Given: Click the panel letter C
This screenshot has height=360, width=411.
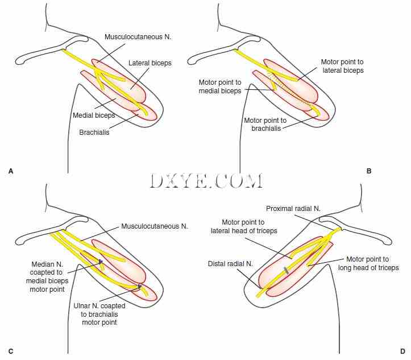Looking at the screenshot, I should (10, 351).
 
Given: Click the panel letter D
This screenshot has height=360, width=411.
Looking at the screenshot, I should (401, 351).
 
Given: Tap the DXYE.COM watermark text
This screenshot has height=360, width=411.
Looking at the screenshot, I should (207, 181).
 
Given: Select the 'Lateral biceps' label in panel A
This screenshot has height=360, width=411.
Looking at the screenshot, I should (150, 63).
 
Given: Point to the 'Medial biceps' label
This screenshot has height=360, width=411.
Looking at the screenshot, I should (94, 115).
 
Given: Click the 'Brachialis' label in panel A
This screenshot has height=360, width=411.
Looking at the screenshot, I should (95, 133).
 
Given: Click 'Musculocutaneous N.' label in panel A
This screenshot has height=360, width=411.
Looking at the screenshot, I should (138, 36).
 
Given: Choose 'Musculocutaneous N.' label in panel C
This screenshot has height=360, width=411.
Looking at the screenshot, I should (154, 226).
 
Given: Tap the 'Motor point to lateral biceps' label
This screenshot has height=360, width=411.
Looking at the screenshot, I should (342, 66).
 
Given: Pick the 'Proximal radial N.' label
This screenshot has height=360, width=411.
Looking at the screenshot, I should (294, 209).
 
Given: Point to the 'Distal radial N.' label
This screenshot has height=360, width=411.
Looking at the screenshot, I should (230, 263).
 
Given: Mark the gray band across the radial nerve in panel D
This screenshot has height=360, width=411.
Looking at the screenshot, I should (287, 270).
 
